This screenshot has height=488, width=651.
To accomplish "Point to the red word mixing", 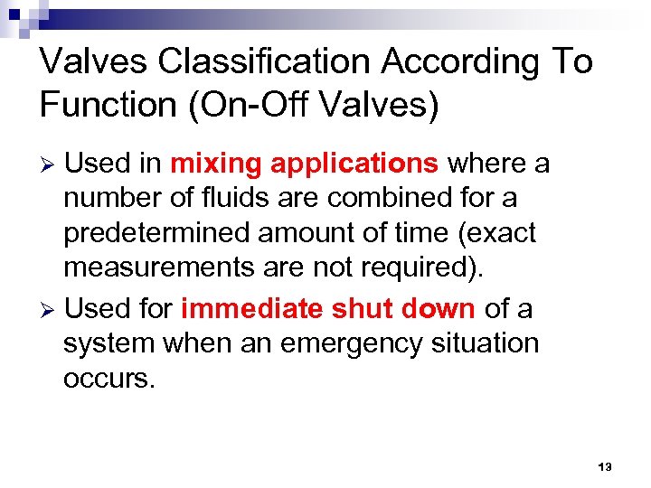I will tap(216, 164).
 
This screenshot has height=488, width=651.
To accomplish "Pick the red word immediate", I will tap(252, 308).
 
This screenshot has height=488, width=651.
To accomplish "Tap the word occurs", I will tap(108, 378).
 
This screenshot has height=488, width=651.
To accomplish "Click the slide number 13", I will tap(605, 467).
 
